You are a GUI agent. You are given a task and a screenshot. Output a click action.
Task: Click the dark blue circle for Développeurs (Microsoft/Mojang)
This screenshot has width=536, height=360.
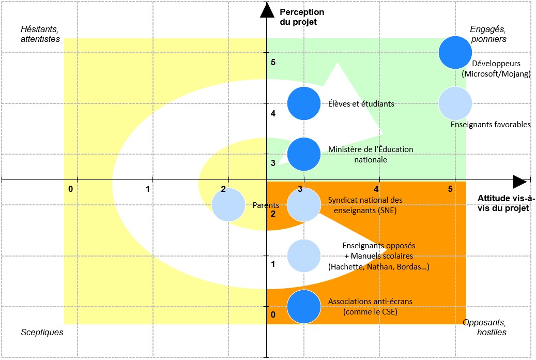(x=455, y=52)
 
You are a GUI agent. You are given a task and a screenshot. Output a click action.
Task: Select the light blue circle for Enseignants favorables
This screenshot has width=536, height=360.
(x=455, y=103)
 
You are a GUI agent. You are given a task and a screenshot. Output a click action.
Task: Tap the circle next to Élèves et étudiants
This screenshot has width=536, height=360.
(x=304, y=103)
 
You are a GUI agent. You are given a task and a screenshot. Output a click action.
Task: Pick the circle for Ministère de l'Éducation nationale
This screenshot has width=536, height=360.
(x=304, y=154)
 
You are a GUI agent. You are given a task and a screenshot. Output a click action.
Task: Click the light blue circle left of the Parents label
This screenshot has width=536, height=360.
(x=228, y=205)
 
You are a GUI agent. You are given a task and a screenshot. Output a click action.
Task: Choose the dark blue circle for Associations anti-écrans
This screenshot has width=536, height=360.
(x=304, y=306)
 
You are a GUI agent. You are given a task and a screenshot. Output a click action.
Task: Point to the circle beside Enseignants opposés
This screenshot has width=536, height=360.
(x=304, y=256)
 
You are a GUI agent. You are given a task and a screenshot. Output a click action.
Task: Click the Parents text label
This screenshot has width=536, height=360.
(x=266, y=205)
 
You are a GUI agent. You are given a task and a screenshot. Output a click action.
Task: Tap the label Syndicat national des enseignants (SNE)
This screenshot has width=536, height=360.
(x=365, y=205)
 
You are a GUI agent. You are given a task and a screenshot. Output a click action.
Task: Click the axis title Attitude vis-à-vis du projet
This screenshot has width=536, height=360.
(x=506, y=203)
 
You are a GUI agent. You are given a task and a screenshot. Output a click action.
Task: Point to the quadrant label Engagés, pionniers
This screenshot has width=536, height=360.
(x=488, y=34)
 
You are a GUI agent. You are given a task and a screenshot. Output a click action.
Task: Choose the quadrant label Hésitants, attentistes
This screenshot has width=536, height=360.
(x=40, y=34)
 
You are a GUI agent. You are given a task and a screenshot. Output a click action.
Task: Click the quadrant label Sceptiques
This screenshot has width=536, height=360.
(x=42, y=332)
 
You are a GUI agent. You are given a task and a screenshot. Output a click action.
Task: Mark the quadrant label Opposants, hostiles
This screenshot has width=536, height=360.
(x=484, y=327)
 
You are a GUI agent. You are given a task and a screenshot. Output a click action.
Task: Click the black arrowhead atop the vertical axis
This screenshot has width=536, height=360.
(x=267, y=9)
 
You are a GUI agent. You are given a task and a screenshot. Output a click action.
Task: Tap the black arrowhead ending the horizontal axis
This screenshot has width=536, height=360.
(x=519, y=182)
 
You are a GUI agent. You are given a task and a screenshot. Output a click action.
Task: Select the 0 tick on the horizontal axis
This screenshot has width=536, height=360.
(x=71, y=189)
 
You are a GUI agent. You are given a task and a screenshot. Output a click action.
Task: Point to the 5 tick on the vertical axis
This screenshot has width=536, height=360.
(x=273, y=63)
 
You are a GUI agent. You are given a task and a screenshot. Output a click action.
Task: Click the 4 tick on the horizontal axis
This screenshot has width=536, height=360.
(x=377, y=189)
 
